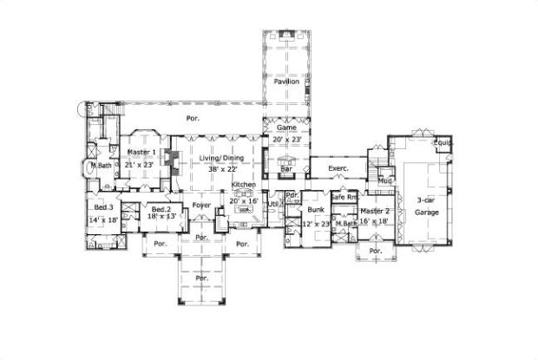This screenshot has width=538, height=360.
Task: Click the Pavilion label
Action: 286,82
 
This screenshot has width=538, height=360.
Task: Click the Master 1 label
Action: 141,153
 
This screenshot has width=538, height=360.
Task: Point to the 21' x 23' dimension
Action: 140,164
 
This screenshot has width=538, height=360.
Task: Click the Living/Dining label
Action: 219,158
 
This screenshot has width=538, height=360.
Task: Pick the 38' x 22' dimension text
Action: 219,169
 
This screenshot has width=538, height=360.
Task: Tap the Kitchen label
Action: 243,186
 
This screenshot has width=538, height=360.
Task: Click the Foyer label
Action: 201,205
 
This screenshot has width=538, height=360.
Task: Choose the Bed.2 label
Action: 160,210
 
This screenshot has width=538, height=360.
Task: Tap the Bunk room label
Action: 316,210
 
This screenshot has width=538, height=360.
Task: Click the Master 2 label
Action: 375,211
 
